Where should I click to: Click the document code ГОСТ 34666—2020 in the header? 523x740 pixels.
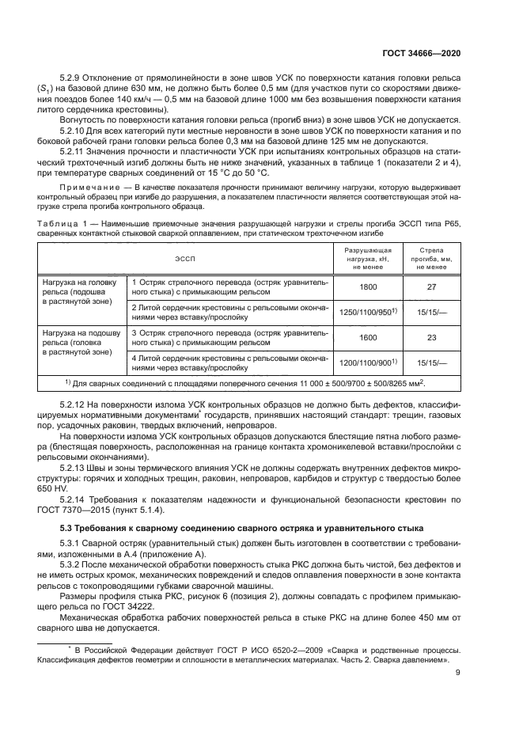423,52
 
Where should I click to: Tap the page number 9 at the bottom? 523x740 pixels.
458,673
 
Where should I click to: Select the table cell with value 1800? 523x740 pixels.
368,289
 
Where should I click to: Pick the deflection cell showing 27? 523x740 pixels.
431,289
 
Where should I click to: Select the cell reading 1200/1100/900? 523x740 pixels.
368,363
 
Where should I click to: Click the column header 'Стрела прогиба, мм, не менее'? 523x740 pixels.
431,258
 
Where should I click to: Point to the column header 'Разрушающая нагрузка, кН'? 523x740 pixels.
368,258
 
